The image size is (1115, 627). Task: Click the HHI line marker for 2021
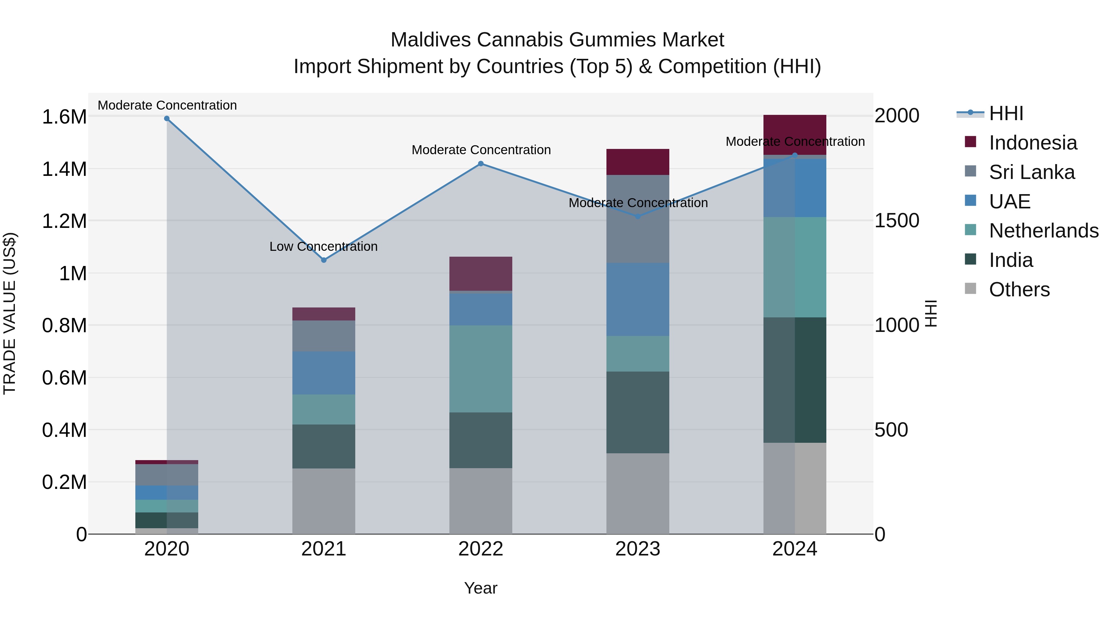pos(323,260)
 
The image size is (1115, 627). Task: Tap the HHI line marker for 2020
pos(167,119)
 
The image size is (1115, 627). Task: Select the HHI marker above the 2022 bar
pos(480,163)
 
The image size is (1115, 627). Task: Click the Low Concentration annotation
pos(323,247)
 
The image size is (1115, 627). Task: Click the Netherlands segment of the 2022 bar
pos(480,369)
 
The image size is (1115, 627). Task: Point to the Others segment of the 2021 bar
pos(323,501)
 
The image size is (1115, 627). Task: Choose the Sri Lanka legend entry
pos(1031,172)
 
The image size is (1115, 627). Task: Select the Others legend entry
pos(1019,290)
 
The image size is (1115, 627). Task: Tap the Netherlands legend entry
pos(1043,231)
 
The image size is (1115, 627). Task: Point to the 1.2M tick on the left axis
pos(64,221)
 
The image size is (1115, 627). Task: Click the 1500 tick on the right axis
pos(896,221)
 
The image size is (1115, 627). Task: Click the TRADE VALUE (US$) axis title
pos(10,313)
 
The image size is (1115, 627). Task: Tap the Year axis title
pos(480,588)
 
